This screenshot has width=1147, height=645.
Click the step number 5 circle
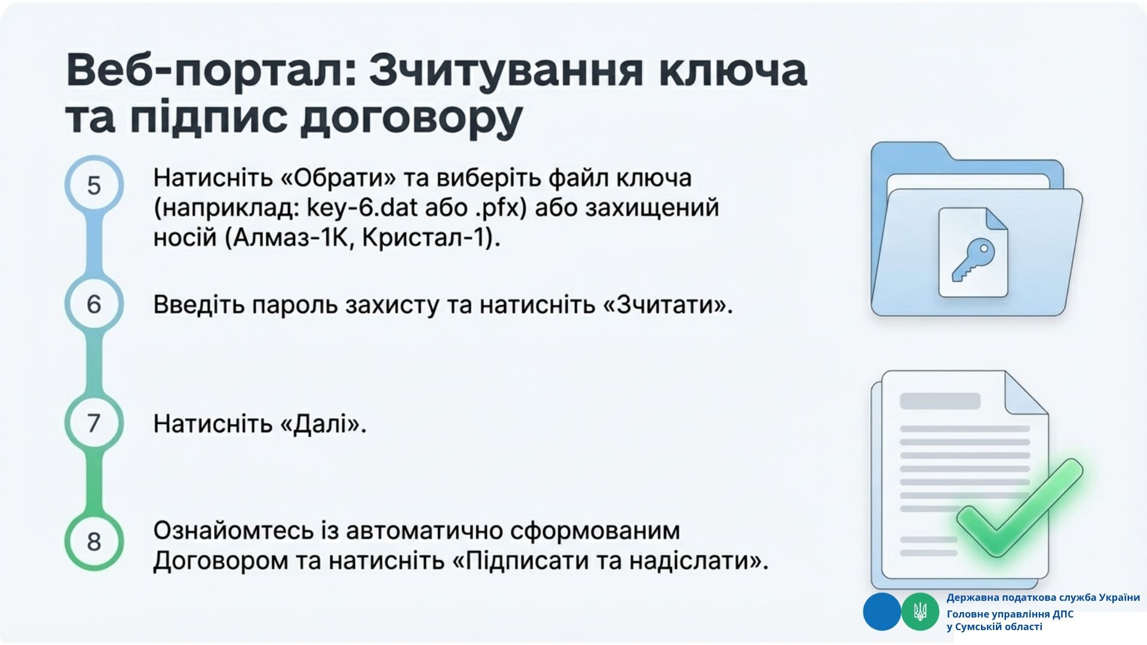[x=94, y=185]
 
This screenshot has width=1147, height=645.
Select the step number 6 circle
[x=94, y=304]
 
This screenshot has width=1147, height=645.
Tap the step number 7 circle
[x=94, y=423]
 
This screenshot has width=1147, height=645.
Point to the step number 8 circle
[x=94, y=541]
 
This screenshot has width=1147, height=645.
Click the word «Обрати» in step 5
[x=338, y=178]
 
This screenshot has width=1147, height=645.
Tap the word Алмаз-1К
[x=289, y=238]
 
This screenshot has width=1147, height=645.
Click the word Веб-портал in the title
[x=211, y=70]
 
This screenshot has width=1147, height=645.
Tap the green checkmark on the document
[x=1019, y=508]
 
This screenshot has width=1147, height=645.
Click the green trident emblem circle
[x=920, y=612]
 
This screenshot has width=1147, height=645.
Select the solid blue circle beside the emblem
[x=882, y=612]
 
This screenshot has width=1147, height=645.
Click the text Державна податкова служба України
[x=1043, y=597]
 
